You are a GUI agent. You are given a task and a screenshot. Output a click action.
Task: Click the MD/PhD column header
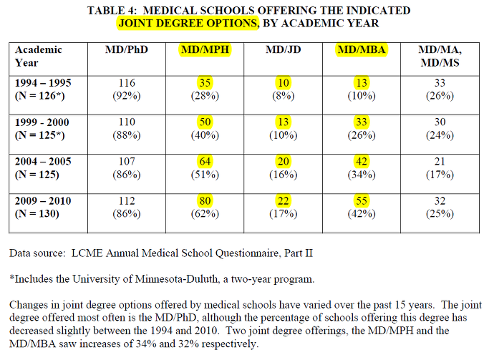tap(126, 49)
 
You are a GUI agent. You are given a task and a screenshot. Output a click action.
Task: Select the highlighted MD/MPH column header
tap(205, 49)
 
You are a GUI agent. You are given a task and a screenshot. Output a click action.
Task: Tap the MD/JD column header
tap(284, 49)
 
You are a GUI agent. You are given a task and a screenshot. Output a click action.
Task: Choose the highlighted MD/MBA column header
tap(362, 49)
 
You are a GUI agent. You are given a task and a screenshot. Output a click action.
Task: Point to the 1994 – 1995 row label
tap(43, 83)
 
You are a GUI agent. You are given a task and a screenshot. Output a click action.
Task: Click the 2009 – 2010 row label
tap(43, 200)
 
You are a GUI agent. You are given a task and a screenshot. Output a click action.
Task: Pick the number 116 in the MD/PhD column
tap(127, 83)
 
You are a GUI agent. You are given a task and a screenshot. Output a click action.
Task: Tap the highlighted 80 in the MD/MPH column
tap(205, 200)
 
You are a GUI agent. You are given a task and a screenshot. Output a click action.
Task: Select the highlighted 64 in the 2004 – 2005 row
tap(205, 162)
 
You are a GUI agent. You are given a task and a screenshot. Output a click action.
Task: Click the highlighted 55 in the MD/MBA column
tap(362, 200)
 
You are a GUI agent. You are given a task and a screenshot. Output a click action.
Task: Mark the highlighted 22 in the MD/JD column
tap(284, 200)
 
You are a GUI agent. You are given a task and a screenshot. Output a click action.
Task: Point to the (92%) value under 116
tap(127, 96)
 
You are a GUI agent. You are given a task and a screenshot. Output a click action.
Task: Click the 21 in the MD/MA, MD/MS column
tap(440, 162)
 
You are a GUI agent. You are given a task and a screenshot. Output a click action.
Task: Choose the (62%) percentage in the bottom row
tap(205, 214)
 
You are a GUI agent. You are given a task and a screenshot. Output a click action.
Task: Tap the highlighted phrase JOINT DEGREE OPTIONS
tap(188, 23)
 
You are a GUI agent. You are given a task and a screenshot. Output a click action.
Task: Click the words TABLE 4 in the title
tap(112, 10)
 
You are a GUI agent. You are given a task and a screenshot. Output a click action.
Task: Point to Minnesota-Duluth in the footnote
tap(176, 278)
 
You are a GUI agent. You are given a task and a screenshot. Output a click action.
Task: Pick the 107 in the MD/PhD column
tap(127, 162)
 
